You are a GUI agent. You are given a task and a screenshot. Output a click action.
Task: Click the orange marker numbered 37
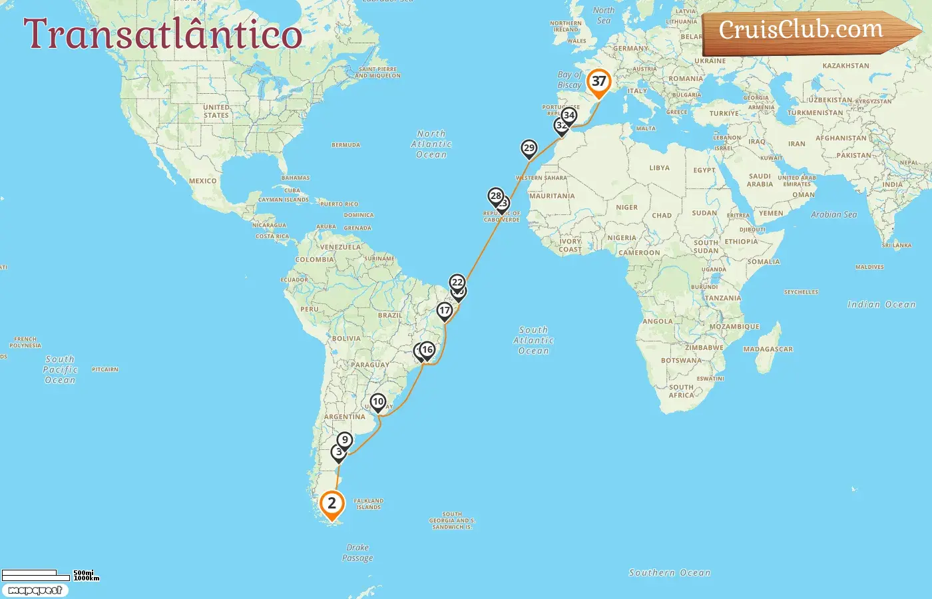[x=598, y=82]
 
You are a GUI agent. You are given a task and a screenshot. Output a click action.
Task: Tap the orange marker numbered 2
[x=332, y=503]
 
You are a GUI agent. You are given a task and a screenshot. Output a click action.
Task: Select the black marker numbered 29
[x=529, y=148]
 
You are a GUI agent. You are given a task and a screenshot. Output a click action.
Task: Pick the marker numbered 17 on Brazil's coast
[x=445, y=310]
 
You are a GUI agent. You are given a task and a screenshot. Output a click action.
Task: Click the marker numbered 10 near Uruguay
[x=377, y=401]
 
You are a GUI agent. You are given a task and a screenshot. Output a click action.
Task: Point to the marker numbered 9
[x=344, y=440]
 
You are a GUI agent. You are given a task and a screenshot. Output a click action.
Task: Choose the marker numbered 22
[x=457, y=282]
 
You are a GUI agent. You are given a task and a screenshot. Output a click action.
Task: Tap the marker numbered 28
[x=495, y=196]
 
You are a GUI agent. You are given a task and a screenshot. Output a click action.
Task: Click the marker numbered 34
[x=569, y=115]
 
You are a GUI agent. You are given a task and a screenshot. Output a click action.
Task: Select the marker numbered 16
[x=427, y=349]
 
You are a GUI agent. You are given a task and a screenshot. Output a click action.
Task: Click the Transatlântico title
[x=163, y=34]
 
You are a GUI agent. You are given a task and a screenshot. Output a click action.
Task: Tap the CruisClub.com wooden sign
[x=806, y=31]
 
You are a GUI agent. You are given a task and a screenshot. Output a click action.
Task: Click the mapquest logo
[x=35, y=590]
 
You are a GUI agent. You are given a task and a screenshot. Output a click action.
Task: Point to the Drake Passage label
[x=357, y=552]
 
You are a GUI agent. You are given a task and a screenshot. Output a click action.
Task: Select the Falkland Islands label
[x=368, y=504]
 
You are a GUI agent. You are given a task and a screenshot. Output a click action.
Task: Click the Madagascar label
[x=768, y=349]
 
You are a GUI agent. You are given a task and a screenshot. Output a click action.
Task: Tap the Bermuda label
[x=346, y=144]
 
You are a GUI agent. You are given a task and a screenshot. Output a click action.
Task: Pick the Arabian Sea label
[x=833, y=215]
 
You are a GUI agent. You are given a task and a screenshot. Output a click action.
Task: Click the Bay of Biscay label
[x=570, y=80]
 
